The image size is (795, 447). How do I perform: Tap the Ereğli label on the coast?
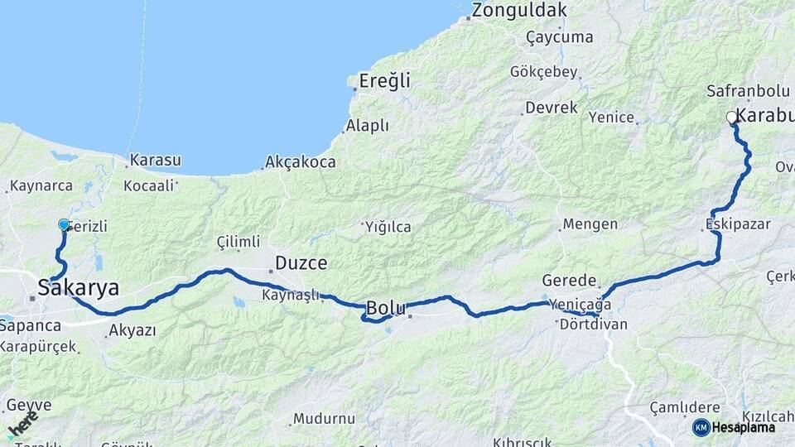click(x=384, y=81)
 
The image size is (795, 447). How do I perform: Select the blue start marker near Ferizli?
click(x=65, y=224)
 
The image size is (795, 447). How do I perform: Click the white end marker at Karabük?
click(x=731, y=118)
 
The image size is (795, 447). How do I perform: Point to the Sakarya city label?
click(x=79, y=288)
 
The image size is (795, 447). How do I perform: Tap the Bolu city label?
click(x=386, y=308)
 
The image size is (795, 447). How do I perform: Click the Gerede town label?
click(x=569, y=280)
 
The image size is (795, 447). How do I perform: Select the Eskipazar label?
click(x=738, y=223)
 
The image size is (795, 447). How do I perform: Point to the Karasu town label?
click(x=155, y=160)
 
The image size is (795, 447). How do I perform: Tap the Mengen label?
click(x=590, y=224)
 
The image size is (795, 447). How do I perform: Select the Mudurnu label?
click(x=324, y=419)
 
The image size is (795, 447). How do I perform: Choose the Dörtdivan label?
click(x=593, y=324)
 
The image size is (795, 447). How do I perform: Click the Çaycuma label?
click(x=559, y=37)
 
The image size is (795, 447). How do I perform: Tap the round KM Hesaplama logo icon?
click(x=701, y=427)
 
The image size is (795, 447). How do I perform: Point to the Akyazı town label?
click(x=132, y=331)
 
